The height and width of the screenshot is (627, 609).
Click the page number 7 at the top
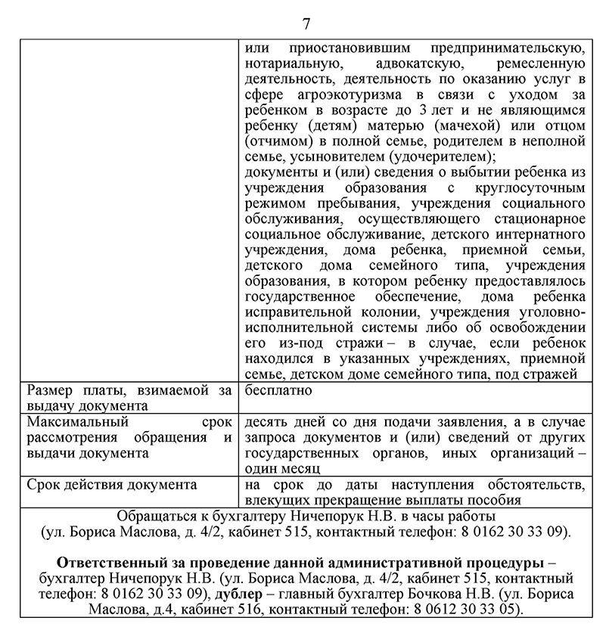pos(306,22)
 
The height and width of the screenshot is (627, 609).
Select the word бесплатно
pos(278,391)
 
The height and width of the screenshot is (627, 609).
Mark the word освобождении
pos(538,328)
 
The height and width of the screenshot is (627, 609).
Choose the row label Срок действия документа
pos(101,484)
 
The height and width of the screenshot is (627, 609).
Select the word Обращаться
pos(155,516)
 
